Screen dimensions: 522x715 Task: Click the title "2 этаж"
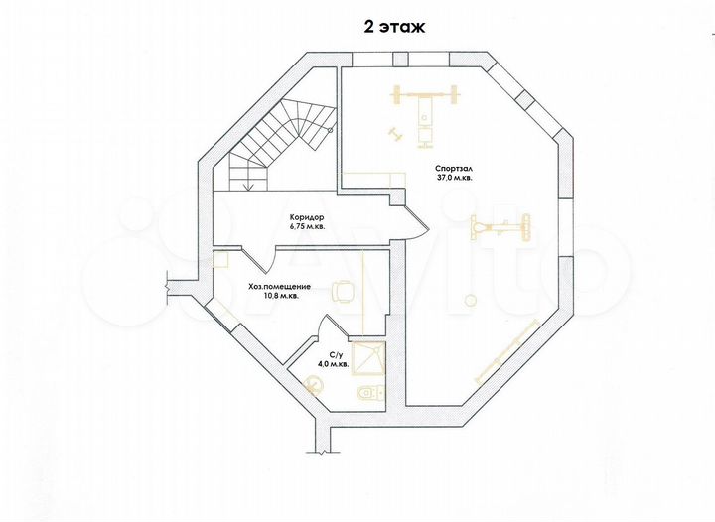[x=393, y=27]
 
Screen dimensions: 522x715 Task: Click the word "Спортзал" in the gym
[x=453, y=167]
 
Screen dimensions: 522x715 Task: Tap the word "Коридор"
[x=307, y=217]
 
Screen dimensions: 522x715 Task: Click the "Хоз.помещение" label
[x=280, y=286]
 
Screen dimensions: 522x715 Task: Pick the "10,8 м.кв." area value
[x=280, y=295]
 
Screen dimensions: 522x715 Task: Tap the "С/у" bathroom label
[x=335, y=355]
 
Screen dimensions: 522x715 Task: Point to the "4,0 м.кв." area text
[x=333, y=365]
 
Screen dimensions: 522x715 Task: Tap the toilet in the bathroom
[x=369, y=394]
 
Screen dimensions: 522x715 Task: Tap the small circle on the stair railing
[x=331, y=131]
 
